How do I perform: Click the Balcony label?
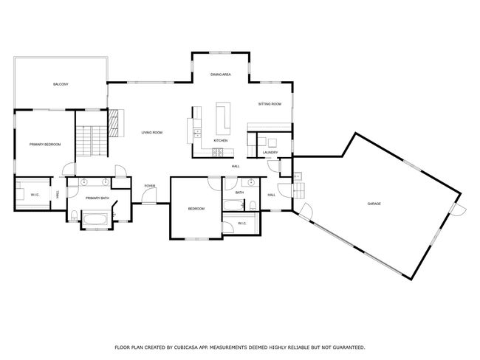(x=61, y=84)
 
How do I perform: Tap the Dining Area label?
(x=220, y=75)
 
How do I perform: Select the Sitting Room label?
(x=270, y=104)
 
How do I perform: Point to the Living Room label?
(x=152, y=133)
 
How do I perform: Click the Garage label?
(x=374, y=204)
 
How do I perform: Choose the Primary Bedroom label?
(x=45, y=145)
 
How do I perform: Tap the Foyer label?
(x=150, y=186)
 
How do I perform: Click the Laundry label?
(x=270, y=152)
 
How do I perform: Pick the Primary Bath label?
(x=97, y=198)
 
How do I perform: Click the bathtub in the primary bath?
(x=95, y=219)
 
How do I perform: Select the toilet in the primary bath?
(x=74, y=215)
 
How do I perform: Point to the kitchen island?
(x=223, y=118)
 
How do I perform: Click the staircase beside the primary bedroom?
(x=92, y=141)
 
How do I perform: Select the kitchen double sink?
(x=198, y=133)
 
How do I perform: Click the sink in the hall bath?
(x=251, y=183)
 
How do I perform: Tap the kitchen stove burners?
(x=218, y=152)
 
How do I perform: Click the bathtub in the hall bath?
(x=233, y=205)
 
